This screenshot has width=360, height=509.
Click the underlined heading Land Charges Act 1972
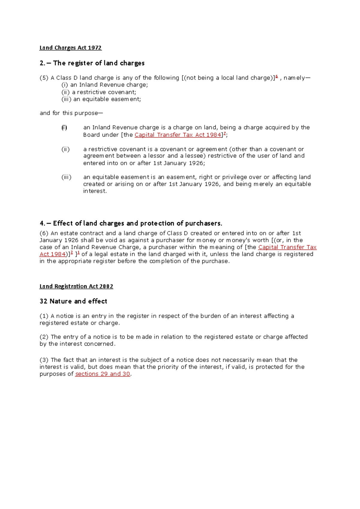70,48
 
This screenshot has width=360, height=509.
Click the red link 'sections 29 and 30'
103,374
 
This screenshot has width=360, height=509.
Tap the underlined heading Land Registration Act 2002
76,286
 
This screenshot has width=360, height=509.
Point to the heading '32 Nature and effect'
73,301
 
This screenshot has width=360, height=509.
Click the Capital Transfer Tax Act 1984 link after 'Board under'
178,135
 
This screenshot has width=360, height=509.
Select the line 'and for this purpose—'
71,113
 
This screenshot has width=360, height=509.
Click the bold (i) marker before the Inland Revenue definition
64,128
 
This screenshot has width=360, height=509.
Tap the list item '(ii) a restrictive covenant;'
99,92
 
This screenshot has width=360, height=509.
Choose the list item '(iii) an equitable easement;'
101,99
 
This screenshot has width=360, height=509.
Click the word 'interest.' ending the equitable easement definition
95,191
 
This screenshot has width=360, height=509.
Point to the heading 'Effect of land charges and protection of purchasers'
131,223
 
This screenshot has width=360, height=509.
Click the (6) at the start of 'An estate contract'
44,233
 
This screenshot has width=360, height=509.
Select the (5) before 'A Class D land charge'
44,78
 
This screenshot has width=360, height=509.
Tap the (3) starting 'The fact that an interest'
44,360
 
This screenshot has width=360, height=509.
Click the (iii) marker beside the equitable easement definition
66,177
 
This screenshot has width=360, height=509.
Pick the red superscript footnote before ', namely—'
277,77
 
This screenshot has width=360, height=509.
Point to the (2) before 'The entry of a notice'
44,337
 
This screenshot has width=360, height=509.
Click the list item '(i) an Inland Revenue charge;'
105,85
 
